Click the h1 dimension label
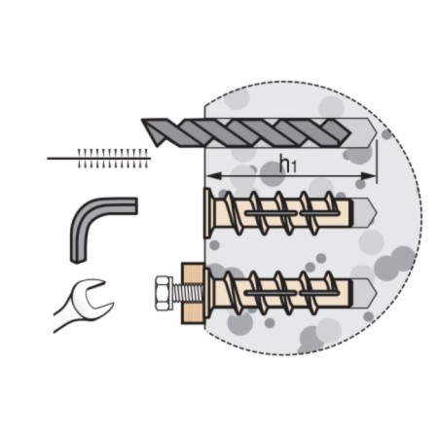point(288,164)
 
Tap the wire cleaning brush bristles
point(113,159)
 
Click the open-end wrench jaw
point(94,295)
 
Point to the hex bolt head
point(164,293)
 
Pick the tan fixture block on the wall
point(193,293)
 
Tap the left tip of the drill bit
point(143,121)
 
